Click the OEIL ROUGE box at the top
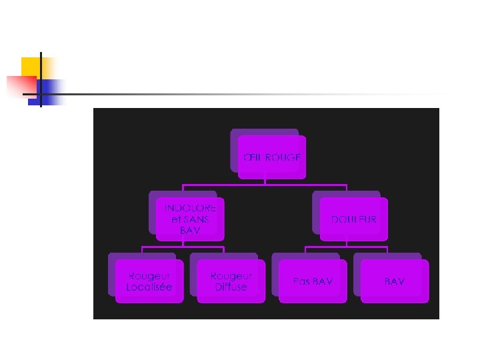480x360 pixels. point(271,157)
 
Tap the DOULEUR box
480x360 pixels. point(353,219)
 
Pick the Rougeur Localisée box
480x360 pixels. point(149,281)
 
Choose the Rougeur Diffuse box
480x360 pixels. point(231,281)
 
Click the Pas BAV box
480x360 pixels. point(313,281)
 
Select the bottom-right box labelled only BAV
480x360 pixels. point(394,281)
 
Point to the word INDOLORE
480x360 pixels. point(190,208)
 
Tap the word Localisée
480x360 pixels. point(149,287)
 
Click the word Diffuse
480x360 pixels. point(231,287)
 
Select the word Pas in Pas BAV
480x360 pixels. point(301,281)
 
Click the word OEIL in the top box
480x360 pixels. point(253,157)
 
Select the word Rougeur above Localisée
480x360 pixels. point(149,275)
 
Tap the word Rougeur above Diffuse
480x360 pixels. point(231,275)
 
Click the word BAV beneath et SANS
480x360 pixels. point(190,230)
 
